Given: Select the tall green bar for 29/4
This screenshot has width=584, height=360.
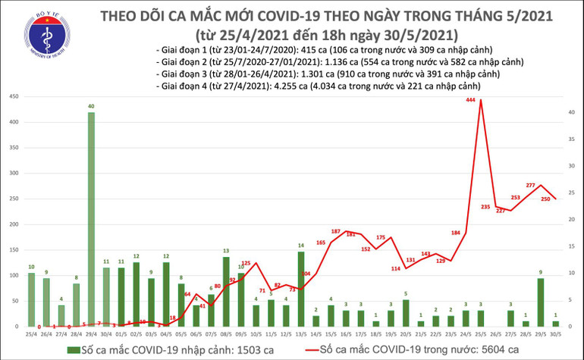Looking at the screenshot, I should [91, 219].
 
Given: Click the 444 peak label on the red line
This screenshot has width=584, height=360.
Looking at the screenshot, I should [470, 100].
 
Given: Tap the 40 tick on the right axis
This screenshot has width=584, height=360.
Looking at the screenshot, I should [570, 113].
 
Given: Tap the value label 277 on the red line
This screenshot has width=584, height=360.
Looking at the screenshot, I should [530, 186].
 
